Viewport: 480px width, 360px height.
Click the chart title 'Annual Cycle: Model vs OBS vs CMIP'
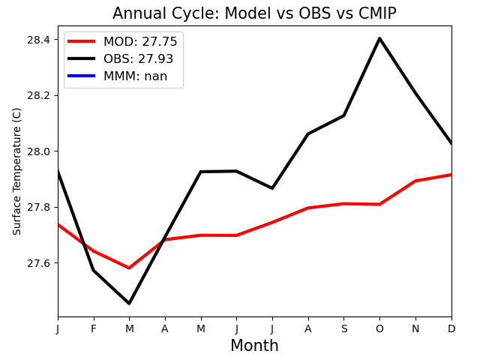[x=254, y=13]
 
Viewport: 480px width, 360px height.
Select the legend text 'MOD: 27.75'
[x=140, y=42]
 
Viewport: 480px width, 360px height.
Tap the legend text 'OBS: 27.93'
[x=138, y=58]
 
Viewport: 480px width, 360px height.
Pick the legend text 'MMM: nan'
[x=135, y=76]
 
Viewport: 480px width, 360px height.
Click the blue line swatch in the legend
[x=82, y=76]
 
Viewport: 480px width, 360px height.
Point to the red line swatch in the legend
[x=82, y=41]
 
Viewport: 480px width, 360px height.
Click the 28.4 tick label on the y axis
[x=38, y=40]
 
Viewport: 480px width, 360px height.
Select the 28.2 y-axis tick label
[x=38, y=96]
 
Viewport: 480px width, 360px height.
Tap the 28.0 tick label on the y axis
[x=38, y=151]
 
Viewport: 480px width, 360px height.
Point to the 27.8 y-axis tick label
[x=38, y=208]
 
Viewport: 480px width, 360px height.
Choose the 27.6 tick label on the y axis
[x=38, y=263]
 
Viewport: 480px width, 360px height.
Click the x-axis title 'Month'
[x=254, y=345]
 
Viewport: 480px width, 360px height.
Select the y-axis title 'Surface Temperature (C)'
[x=16, y=172]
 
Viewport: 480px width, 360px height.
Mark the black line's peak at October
[x=379, y=38]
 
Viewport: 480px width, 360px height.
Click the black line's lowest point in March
[x=129, y=303]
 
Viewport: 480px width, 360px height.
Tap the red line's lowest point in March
[x=129, y=268]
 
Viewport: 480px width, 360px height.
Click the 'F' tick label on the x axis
[x=94, y=328]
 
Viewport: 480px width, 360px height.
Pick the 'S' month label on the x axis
[x=344, y=328]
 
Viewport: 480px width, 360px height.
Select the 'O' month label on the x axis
[x=379, y=328]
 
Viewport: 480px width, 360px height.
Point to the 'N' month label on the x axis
[x=415, y=328]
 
